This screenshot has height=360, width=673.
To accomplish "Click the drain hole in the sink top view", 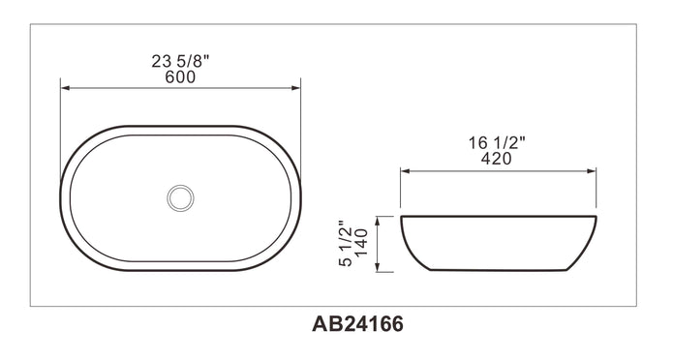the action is (180, 197).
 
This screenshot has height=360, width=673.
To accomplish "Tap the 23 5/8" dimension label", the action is (180, 61).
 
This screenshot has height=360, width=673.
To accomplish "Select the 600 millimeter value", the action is (180, 77).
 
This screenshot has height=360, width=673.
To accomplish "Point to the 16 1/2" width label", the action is (497, 143).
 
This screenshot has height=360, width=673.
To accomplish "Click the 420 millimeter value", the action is (497, 159).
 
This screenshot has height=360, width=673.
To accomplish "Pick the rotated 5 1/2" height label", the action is (346, 244).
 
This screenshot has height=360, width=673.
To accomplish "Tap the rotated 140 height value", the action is (361, 243).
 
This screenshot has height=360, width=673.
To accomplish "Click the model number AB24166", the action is (358, 324).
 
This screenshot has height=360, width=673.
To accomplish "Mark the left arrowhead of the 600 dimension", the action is (65, 88).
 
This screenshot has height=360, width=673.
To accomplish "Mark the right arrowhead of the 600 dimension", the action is (295, 88).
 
